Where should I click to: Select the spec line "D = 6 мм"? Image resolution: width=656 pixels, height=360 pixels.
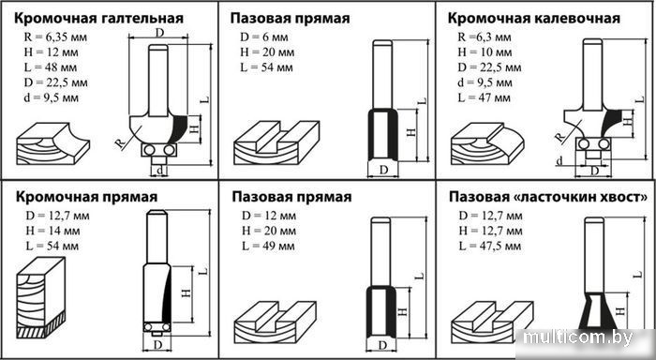coord(261,37)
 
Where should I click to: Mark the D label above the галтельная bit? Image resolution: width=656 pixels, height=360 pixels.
coord(159,33)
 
